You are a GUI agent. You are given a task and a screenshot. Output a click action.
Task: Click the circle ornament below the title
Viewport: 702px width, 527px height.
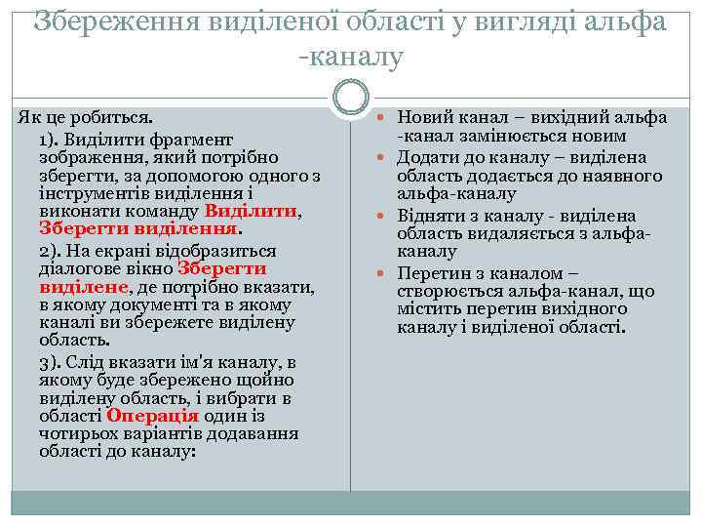pyautogui.click(x=351, y=98)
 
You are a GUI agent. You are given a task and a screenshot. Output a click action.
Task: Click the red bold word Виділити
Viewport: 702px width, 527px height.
pyautogui.click(x=251, y=211)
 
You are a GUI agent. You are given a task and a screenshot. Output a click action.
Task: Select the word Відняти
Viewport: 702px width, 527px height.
pyautogui.click(x=430, y=216)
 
